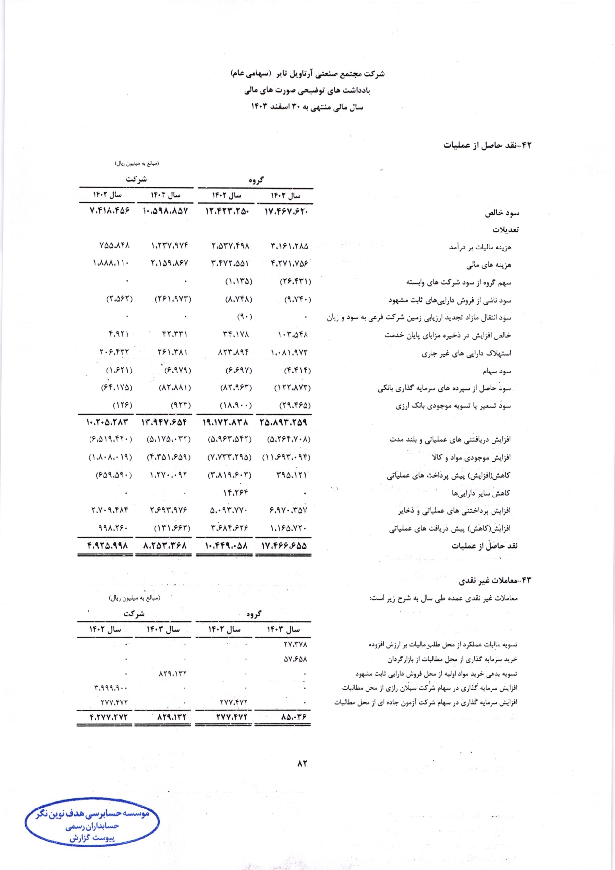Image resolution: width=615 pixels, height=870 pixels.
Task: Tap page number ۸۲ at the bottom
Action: [302, 763]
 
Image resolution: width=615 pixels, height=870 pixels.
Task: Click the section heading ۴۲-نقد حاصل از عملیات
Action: [487, 145]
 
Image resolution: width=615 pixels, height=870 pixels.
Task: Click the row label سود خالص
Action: [502, 213]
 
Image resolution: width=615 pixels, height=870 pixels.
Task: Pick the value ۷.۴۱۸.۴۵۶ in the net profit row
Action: [110, 211]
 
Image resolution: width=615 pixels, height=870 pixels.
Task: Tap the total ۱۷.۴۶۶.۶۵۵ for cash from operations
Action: [284, 546]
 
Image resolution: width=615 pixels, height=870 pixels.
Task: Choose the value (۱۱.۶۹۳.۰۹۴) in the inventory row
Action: [286, 457]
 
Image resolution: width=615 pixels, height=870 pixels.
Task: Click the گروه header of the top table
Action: [256, 180]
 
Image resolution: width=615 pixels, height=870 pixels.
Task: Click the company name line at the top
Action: [307, 74]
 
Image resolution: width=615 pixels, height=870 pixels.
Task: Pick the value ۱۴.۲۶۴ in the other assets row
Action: [236, 493]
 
